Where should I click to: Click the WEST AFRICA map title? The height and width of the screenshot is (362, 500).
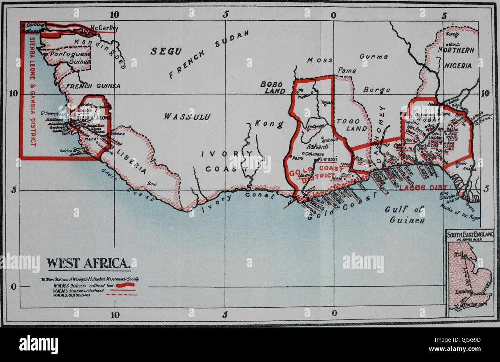coord(89,264)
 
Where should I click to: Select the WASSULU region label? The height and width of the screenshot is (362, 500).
coord(187,116)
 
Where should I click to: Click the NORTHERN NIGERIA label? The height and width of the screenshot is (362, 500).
coord(458,58)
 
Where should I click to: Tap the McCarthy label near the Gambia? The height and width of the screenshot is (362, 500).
coord(104,28)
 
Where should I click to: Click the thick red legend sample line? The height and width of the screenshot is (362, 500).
coord(125,285)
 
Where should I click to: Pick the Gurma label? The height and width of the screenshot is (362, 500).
coord(373,56)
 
